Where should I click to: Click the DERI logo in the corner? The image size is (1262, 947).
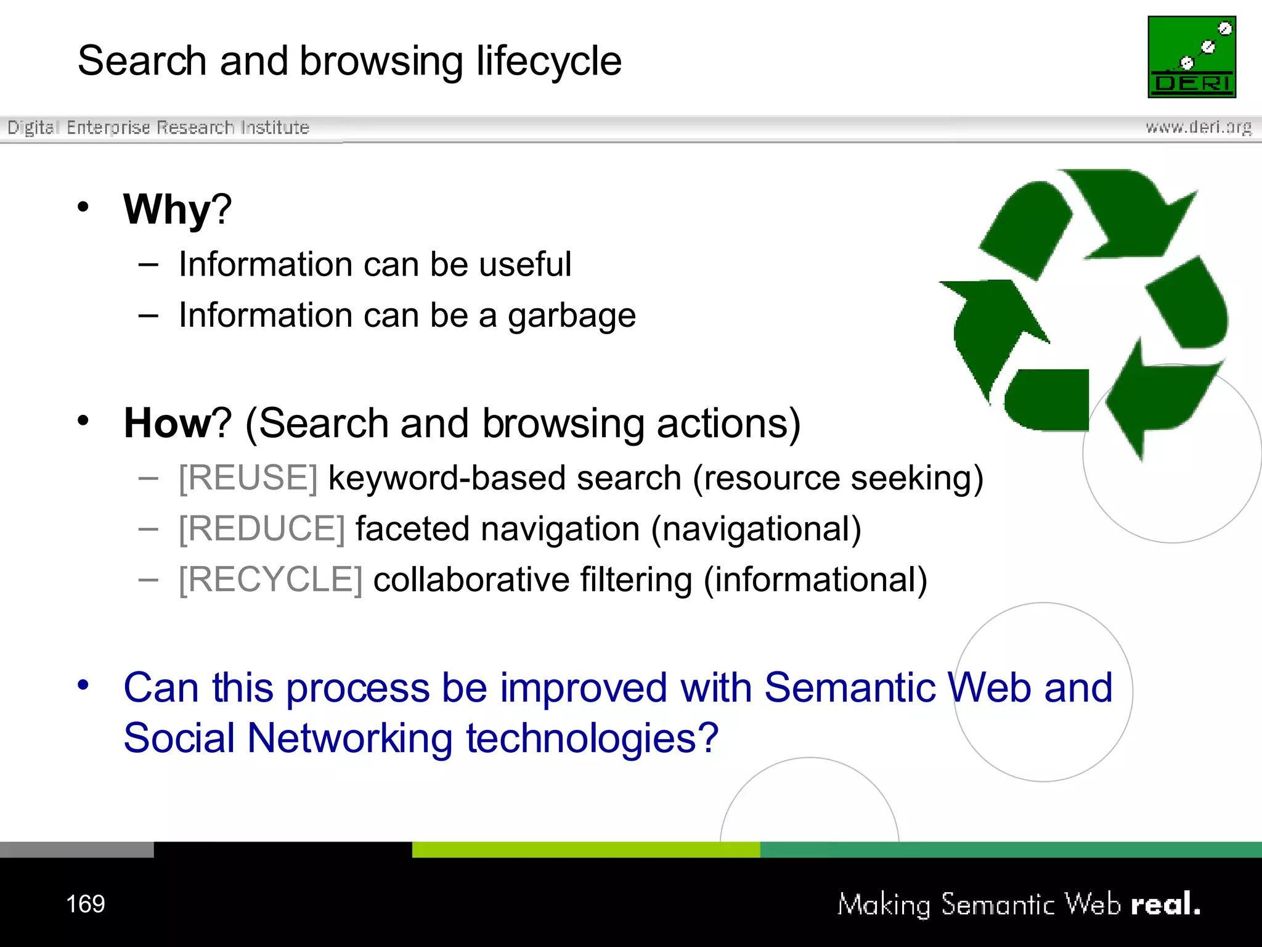point(1191,57)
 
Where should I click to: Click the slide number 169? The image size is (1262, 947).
point(86,904)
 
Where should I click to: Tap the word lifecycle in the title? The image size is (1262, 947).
point(548,61)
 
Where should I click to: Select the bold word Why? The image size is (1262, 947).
point(167,209)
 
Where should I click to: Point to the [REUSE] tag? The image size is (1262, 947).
point(248,478)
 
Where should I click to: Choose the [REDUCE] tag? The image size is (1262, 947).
point(261,529)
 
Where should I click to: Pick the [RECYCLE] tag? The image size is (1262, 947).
point(271,580)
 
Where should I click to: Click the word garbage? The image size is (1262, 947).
point(571,316)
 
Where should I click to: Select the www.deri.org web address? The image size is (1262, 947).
point(1198,127)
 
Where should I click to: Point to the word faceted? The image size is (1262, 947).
point(412,529)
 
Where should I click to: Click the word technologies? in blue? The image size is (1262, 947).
point(592,738)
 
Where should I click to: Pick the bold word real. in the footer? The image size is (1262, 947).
point(1165,904)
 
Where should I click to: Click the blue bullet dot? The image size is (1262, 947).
point(83,684)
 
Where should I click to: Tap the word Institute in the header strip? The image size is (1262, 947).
point(275,127)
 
